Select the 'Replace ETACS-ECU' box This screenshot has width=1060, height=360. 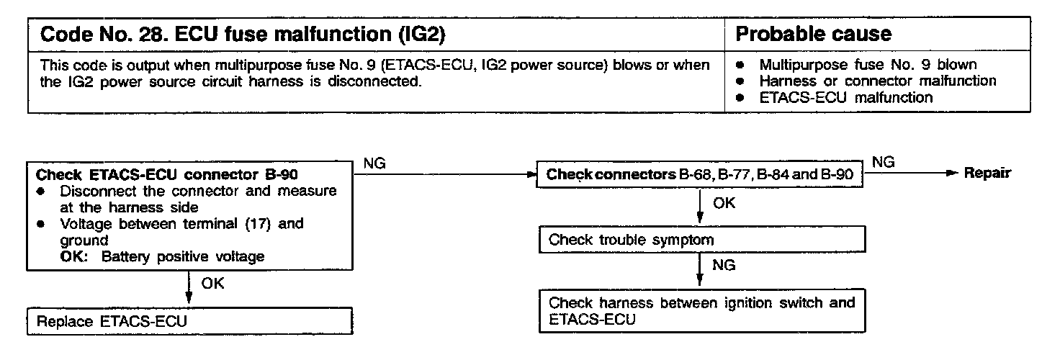(189, 320)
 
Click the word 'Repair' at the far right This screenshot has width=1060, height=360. (987, 174)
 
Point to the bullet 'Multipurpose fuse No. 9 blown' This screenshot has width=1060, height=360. (868, 64)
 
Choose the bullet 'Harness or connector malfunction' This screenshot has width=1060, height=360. (877, 81)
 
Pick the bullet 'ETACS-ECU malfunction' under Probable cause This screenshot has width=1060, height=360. (845, 97)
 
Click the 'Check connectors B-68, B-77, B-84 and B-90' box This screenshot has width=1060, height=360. (700, 175)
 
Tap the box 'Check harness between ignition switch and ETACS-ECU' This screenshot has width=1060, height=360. (700, 310)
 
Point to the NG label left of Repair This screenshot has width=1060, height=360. (883, 163)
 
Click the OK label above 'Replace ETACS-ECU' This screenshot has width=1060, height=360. (212, 283)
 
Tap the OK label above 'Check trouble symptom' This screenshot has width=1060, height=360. (724, 204)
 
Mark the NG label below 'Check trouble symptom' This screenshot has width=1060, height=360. (724, 266)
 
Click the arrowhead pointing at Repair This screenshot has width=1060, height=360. (952, 174)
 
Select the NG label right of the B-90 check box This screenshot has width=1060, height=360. (374, 163)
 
